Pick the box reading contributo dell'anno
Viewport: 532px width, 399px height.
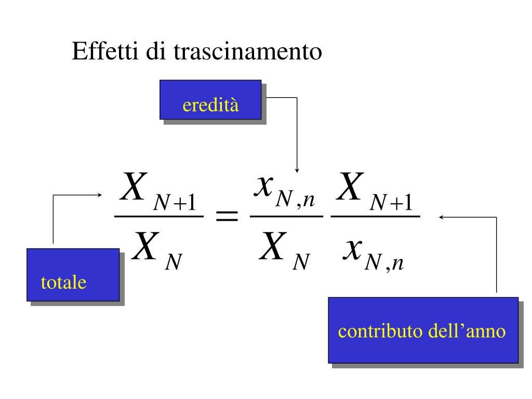[422, 330]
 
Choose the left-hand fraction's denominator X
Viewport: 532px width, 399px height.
[143, 248]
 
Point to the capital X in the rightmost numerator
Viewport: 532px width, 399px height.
[349, 188]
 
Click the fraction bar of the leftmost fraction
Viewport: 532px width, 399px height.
[158, 217]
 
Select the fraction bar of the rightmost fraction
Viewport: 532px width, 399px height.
[375, 217]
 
